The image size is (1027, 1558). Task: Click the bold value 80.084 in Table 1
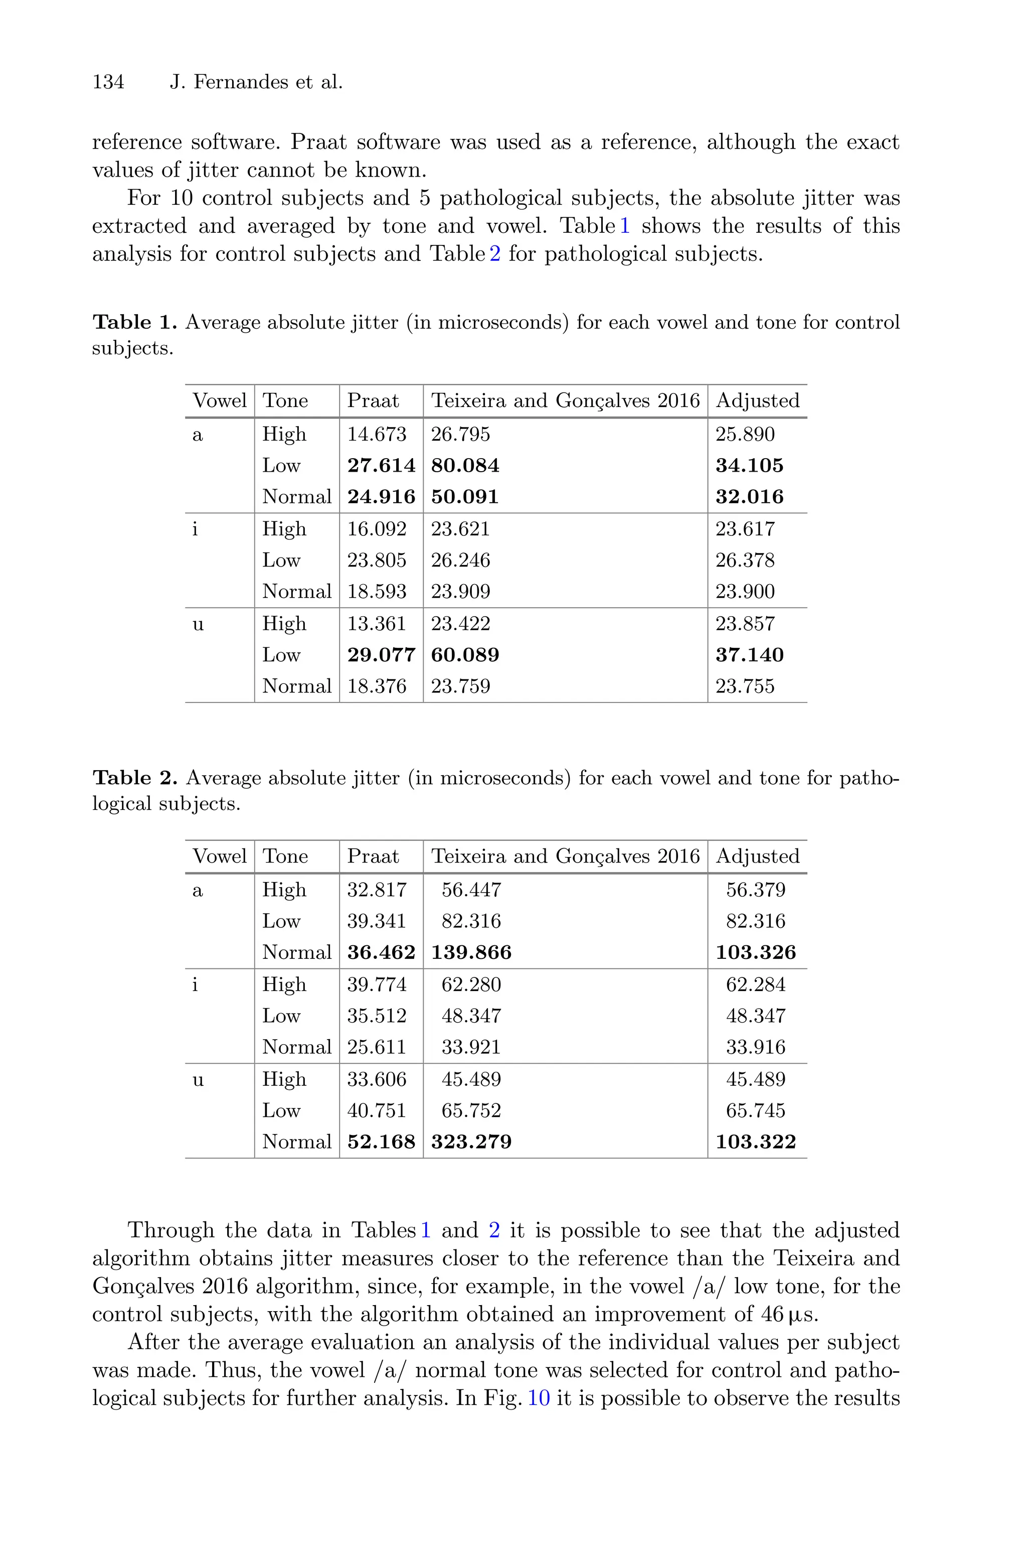coord(465,466)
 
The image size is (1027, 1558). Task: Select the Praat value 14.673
coord(377,435)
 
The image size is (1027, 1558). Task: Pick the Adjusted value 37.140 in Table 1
coord(749,655)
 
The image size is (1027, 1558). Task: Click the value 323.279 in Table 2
coord(471,1142)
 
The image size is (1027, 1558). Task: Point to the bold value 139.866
coord(471,953)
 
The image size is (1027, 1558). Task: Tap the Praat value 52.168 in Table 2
coord(381,1142)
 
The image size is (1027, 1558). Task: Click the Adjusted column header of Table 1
coord(757,400)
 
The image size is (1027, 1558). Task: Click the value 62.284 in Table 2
coord(755,984)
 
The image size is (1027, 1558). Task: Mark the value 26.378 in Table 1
coord(745,560)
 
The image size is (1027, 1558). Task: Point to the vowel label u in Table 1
coord(198,624)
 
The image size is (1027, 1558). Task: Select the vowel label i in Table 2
coord(195,984)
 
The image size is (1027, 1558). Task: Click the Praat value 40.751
coord(377,1110)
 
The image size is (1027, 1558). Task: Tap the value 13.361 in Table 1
coord(377,624)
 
